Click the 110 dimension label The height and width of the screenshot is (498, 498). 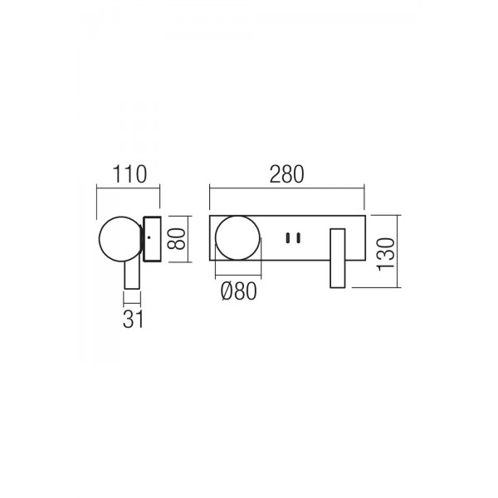pos(129,174)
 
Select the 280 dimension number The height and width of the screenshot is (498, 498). pos(287,174)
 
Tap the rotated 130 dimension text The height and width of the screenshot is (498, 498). pos(385,255)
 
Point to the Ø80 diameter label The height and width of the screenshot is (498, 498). pos(238,291)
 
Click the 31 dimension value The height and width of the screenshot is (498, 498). pos(133,319)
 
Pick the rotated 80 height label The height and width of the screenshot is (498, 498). pos(176,239)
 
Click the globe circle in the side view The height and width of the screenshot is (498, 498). pos(100,239)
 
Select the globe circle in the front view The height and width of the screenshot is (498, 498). pos(215,238)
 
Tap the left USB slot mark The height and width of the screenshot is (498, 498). pos(288,238)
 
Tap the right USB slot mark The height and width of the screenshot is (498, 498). pos(298,238)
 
